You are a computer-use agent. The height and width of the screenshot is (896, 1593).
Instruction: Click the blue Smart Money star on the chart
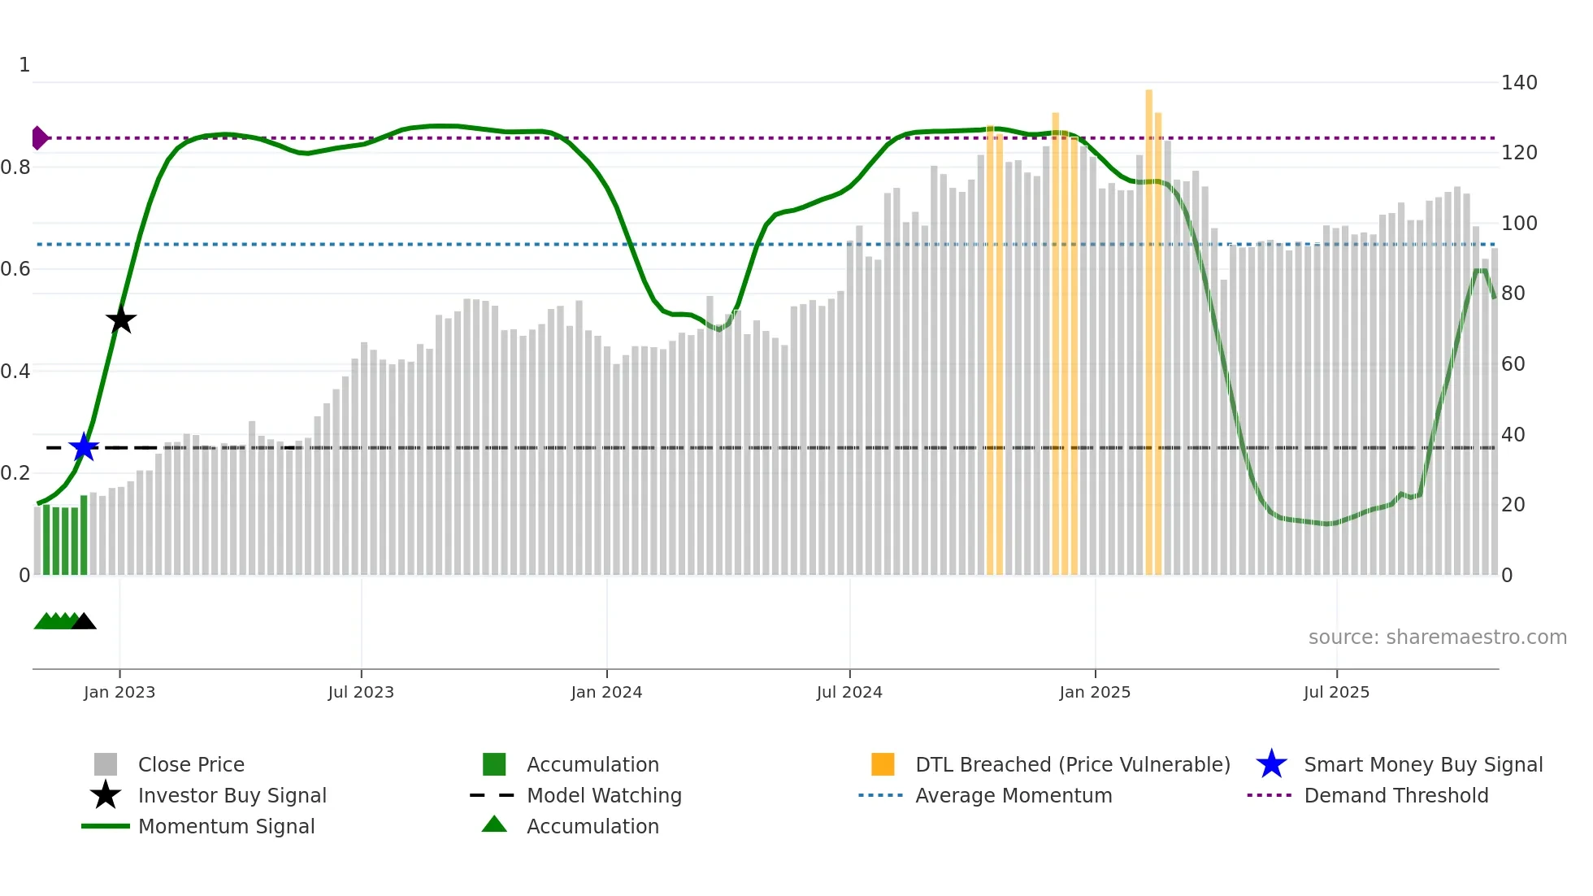point(84,447)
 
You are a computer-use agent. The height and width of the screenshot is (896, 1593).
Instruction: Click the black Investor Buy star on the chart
point(120,320)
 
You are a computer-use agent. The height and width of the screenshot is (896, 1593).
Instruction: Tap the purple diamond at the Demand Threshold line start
point(39,138)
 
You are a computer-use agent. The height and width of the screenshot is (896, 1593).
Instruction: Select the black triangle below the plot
point(84,622)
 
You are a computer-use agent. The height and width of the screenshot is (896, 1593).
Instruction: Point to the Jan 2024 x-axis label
point(606,692)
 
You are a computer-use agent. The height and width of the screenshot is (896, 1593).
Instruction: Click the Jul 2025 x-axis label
point(1336,692)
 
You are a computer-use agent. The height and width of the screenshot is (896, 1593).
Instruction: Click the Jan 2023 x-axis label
point(119,692)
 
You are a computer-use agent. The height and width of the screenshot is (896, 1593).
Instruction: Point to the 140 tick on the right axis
point(1518,83)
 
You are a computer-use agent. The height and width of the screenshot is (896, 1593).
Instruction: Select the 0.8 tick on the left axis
point(16,167)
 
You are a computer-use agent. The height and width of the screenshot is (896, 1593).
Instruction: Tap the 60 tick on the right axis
point(1513,364)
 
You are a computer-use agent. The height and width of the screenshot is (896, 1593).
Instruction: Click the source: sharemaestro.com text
point(1437,637)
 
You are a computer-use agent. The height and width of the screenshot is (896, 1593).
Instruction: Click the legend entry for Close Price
point(191,764)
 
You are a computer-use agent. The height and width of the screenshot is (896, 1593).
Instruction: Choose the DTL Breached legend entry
point(1072,764)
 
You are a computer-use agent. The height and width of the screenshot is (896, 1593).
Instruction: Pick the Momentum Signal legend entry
point(226,826)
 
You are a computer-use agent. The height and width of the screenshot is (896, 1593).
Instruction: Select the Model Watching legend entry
point(604,795)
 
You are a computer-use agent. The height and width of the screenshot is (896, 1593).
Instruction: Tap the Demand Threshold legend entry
point(1396,795)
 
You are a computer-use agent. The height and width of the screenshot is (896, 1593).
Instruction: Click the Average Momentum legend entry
point(1013,795)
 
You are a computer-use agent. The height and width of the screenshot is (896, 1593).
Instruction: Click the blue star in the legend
point(1271,764)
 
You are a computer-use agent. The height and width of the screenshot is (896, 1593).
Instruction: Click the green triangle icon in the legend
point(494,824)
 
